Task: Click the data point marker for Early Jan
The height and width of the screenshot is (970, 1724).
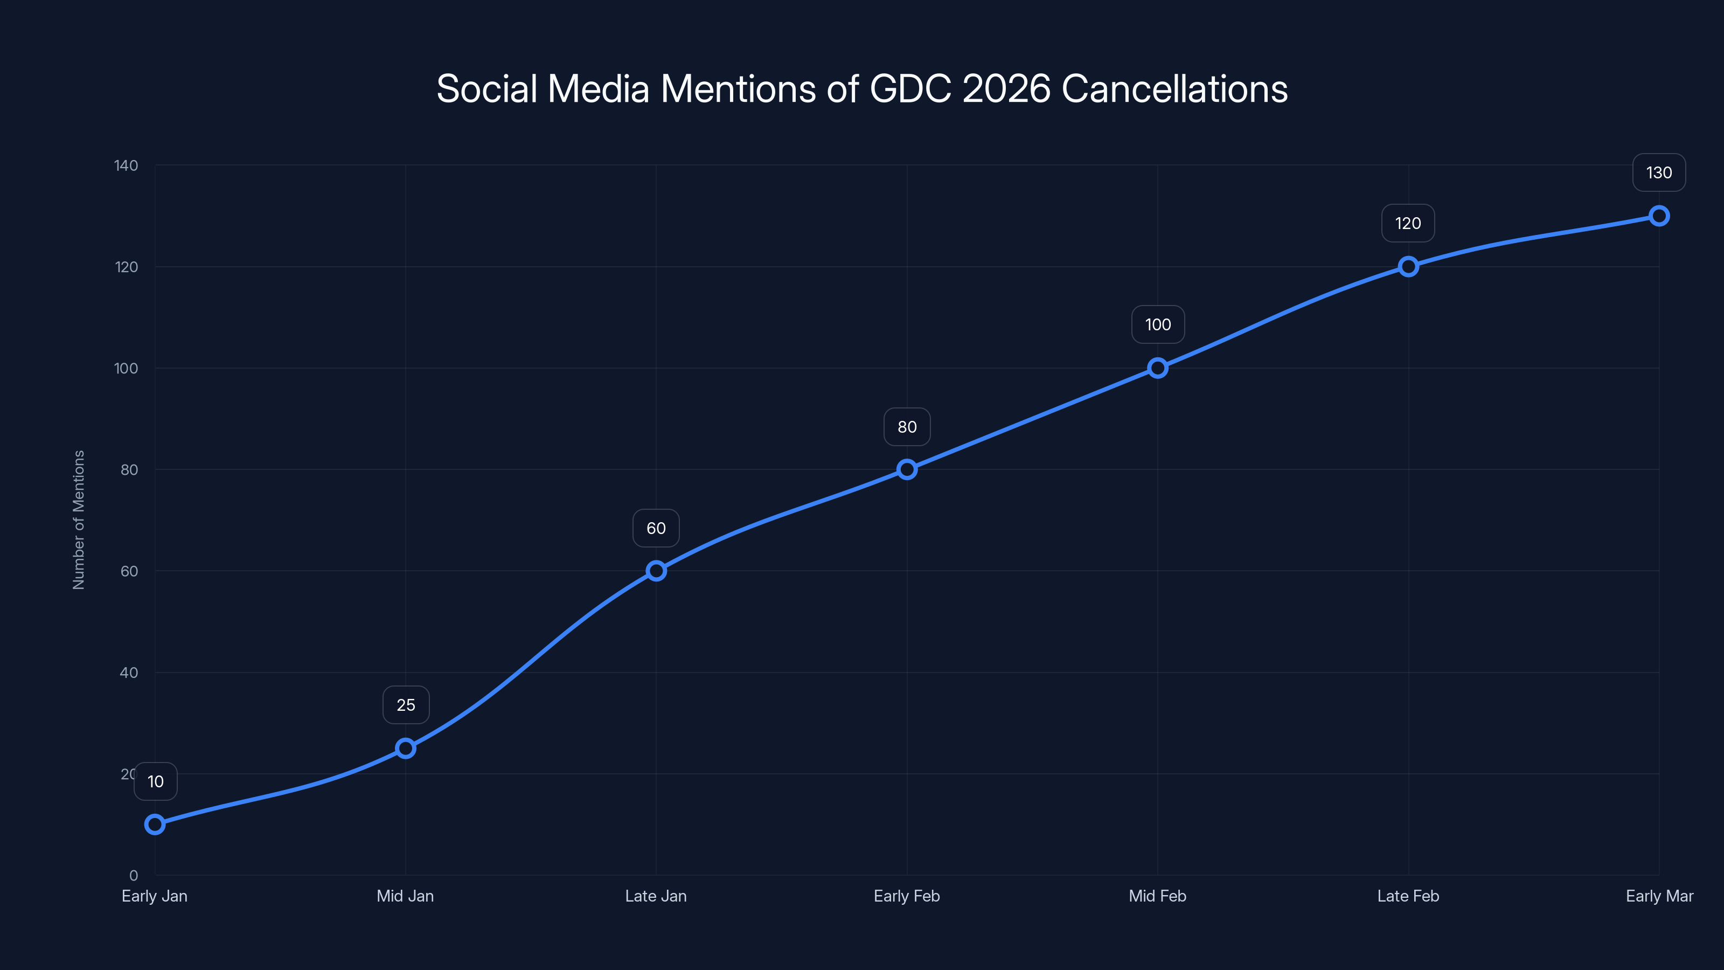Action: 155,824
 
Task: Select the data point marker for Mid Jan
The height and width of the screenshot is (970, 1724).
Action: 406,748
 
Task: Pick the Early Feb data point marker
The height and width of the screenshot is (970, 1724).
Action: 907,469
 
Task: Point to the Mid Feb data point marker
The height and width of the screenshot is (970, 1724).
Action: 1158,368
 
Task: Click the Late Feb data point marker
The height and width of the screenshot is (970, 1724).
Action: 1408,266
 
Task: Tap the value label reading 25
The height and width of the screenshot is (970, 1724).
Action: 406,705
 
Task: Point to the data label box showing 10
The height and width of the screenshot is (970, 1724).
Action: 155,781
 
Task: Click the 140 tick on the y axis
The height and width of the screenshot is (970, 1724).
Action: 126,165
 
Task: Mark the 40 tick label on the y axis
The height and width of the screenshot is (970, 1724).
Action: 129,673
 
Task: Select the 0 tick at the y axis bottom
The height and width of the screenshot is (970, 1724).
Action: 133,876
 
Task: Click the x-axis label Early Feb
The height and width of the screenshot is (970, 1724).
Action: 907,896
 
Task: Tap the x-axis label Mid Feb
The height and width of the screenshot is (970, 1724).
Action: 1157,896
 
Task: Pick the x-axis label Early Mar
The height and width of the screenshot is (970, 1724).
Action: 1659,896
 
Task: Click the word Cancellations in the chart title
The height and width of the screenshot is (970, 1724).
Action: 1174,89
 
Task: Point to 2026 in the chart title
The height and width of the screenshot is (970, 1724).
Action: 1006,89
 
